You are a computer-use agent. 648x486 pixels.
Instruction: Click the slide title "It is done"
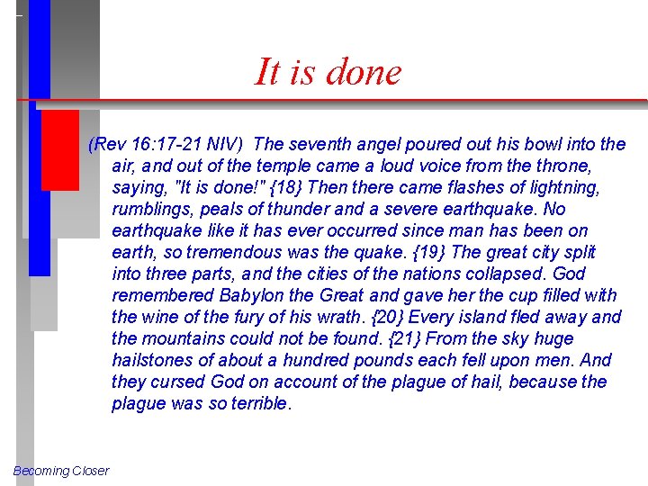pos(328,72)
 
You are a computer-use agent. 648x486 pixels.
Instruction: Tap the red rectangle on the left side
pos(60,149)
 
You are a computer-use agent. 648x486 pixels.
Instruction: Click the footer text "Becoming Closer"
pos(61,471)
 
